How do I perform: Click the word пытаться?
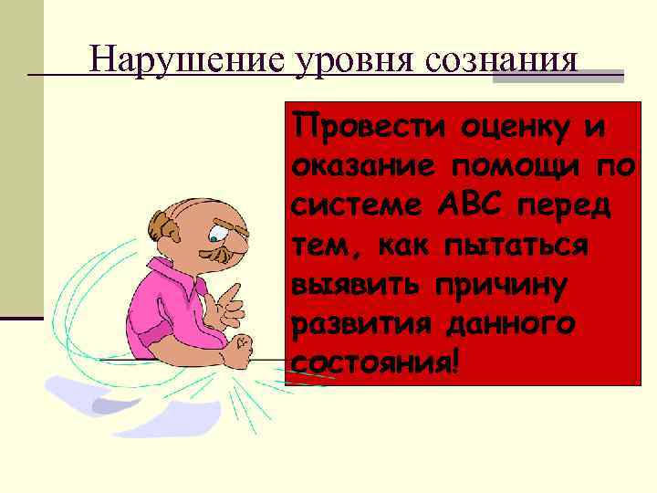pyautogui.click(x=511, y=245)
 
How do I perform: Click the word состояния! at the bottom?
pyautogui.click(x=373, y=362)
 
